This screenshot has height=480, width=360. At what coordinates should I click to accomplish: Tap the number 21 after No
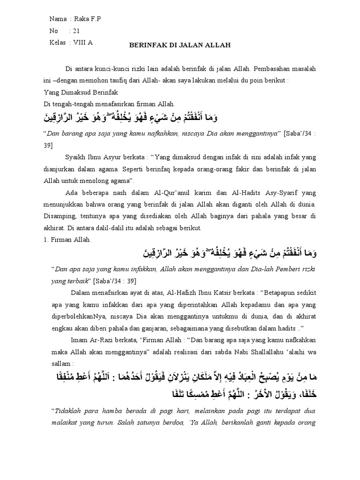[77, 30]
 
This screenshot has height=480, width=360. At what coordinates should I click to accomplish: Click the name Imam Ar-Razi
[88, 339]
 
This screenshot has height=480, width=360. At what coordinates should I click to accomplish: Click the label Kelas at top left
[57, 42]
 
